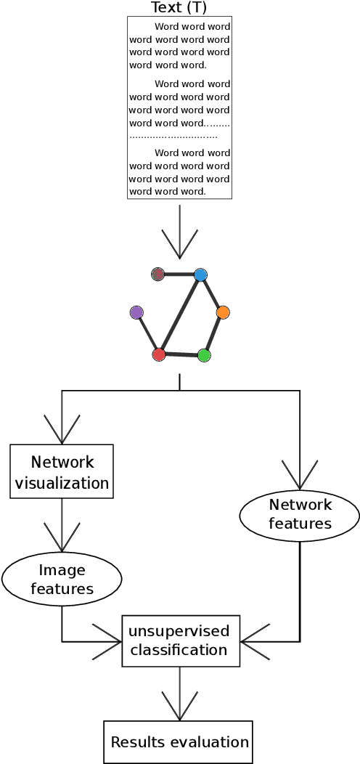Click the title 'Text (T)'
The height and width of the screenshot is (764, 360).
[x=179, y=8]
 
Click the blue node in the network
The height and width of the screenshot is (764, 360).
[x=201, y=275]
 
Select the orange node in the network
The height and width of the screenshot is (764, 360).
[x=223, y=312]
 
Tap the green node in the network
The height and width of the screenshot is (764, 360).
[x=204, y=355]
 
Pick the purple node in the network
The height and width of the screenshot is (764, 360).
[x=136, y=312]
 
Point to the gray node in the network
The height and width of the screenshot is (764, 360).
[x=157, y=274]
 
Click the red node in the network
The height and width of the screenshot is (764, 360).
[x=159, y=354]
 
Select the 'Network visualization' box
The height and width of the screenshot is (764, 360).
[x=62, y=471]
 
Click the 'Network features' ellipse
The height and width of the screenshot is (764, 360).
[x=300, y=514]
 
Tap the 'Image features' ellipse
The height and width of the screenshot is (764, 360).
[x=62, y=579]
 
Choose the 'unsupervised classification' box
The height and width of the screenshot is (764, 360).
[x=181, y=640]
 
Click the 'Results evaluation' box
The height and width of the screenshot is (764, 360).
[x=179, y=741]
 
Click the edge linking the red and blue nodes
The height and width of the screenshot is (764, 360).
[x=180, y=315]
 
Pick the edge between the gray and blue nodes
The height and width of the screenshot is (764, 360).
[x=179, y=275]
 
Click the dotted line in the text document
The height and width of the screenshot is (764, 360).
[x=174, y=137]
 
